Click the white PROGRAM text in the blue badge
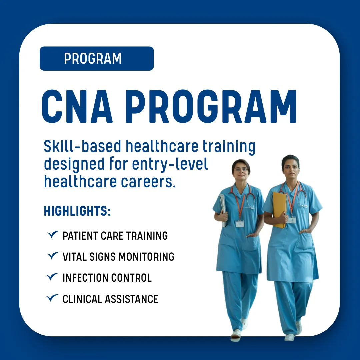point(93,59)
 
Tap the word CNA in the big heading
point(77,106)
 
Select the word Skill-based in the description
point(82,146)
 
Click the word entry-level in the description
point(170,164)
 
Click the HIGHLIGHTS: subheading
point(77,211)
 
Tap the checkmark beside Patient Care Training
point(53,234)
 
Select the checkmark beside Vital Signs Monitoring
point(53,255)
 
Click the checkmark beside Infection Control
point(52,277)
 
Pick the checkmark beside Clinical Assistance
point(52,298)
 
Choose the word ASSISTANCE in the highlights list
point(131,299)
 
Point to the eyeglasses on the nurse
point(241,170)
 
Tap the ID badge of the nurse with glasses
point(239,224)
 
